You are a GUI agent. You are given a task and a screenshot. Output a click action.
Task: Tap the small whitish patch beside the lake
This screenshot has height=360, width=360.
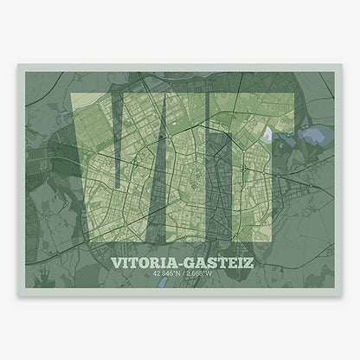click(275, 132)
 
